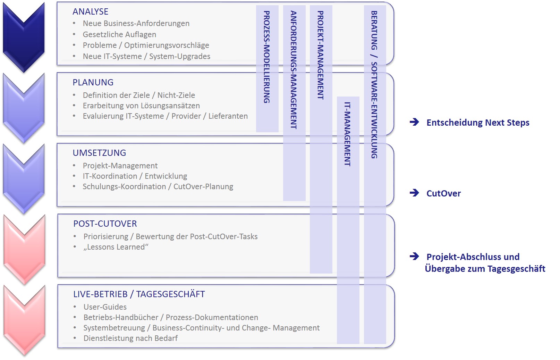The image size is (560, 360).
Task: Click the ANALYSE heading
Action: [x=90, y=12]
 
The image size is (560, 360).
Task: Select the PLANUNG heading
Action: [x=93, y=83]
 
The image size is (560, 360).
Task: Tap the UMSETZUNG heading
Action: [x=99, y=153]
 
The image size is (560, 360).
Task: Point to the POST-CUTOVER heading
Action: [x=105, y=224]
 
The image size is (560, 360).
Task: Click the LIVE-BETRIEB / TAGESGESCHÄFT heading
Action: [x=139, y=294]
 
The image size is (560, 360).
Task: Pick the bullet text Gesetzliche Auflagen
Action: [x=119, y=35]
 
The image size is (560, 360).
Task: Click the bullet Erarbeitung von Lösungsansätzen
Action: [x=141, y=106]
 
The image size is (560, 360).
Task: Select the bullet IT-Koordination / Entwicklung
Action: [x=135, y=176]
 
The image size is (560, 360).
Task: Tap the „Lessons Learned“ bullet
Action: [x=116, y=247]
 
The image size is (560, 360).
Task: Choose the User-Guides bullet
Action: [x=105, y=307]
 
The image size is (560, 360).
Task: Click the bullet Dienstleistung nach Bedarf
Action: [x=130, y=338]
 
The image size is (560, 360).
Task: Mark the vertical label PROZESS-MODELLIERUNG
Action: [x=267, y=57]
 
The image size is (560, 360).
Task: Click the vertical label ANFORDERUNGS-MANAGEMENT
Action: [x=294, y=70]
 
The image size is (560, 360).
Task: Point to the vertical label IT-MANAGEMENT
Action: [x=348, y=134]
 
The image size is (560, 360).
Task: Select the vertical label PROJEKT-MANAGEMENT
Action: [x=321, y=55]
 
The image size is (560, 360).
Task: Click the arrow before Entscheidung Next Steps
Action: [x=414, y=122]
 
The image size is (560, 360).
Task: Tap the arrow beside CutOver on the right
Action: [x=414, y=193]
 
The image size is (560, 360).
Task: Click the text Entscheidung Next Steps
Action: [x=478, y=123]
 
